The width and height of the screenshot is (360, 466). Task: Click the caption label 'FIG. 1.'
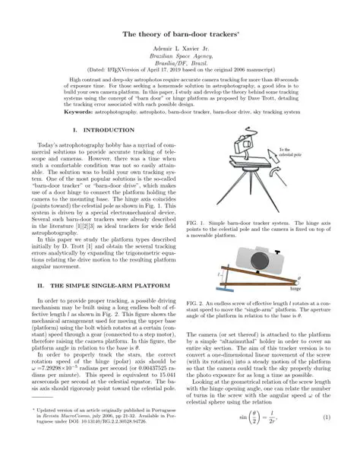tap(197, 225)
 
